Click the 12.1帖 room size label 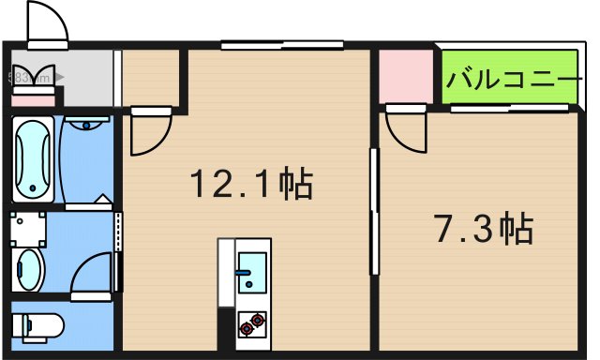pyautogui.click(x=251, y=184)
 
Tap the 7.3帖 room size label pyautogui.click(x=484, y=227)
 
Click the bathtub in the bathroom pyautogui.click(x=34, y=159)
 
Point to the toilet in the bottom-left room pyautogui.click(x=37, y=326)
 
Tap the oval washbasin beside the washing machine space pyautogui.click(x=29, y=270)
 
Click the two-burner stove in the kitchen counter pyautogui.click(x=251, y=324)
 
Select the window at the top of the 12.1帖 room pyautogui.click(x=282, y=43)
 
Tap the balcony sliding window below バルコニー pyautogui.click(x=506, y=109)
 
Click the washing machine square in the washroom pyautogui.click(x=28, y=226)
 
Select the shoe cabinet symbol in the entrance pyautogui.click(x=34, y=81)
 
